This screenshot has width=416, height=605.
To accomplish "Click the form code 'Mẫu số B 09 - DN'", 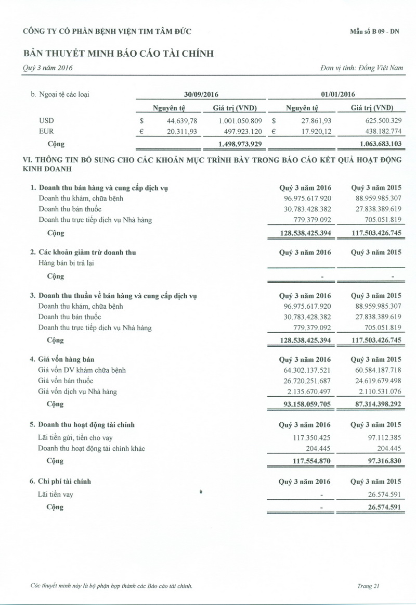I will point(374,31).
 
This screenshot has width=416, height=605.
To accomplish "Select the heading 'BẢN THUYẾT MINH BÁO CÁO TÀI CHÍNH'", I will point(119,53).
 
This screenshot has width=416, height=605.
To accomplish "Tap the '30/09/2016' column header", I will point(201,94).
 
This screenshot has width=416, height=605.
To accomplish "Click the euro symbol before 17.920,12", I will point(274,132).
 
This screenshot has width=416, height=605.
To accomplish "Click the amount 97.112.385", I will point(380,438).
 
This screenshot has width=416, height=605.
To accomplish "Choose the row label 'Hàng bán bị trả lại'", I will point(66,263).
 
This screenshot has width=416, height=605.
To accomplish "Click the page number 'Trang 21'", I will point(368,586).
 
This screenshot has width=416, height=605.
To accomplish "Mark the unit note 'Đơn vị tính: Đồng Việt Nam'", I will point(362,68).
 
